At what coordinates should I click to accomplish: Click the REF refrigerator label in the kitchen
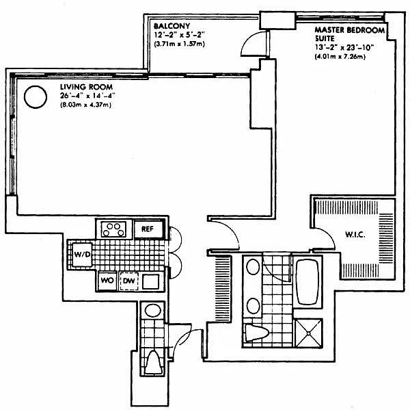[x=148, y=229]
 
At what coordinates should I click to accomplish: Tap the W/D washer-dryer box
[x=82, y=255]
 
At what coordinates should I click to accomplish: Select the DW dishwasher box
[x=128, y=281]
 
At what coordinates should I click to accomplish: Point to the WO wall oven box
[x=107, y=281]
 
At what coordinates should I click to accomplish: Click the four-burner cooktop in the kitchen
[x=113, y=229]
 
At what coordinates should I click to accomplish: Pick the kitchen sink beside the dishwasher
[x=151, y=281]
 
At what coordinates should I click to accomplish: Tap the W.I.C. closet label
[x=355, y=235]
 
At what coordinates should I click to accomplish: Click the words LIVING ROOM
[x=86, y=87]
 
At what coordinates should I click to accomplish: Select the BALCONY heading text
[x=172, y=26]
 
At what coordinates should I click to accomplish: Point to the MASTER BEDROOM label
[x=350, y=30]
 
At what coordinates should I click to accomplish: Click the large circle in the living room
[x=36, y=97]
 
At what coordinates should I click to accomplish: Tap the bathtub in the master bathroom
[x=307, y=282]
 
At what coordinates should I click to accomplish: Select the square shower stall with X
[x=309, y=333]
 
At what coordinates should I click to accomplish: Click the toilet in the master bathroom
[x=257, y=333]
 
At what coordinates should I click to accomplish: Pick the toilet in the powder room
[x=154, y=362]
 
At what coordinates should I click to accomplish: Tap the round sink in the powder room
[x=153, y=311]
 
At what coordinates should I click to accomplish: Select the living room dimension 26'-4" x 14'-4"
[x=87, y=96]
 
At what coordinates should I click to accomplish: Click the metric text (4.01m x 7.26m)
[x=340, y=56]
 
